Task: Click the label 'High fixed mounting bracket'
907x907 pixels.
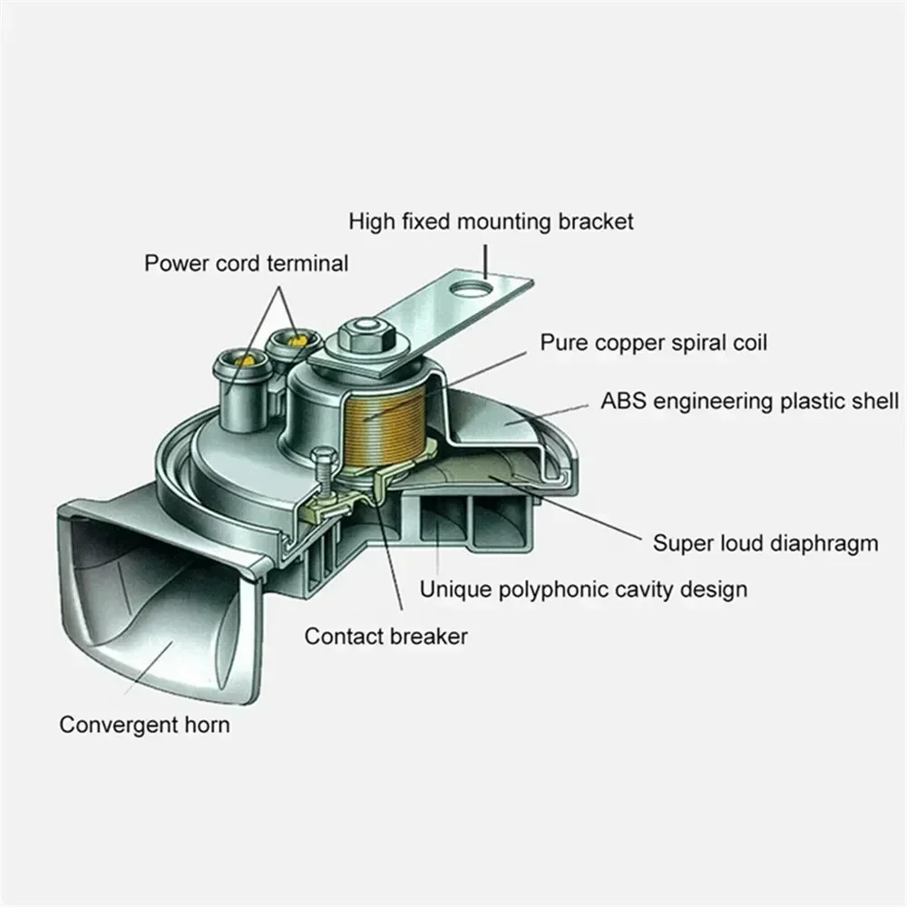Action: [x=491, y=220]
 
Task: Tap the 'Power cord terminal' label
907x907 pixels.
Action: [x=246, y=264]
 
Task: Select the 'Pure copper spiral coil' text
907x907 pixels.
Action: [x=654, y=343]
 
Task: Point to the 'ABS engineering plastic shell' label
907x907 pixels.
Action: [x=749, y=401]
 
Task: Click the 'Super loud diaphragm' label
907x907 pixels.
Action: [x=766, y=543]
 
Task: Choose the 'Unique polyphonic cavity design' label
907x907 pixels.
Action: [x=583, y=590]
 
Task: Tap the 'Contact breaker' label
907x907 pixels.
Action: [x=386, y=636]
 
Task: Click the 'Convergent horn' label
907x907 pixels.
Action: [x=144, y=725]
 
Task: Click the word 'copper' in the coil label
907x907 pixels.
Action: [x=627, y=343]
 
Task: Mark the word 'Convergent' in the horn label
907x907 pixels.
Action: [x=113, y=725]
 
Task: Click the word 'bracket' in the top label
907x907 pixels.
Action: [x=597, y=220]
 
